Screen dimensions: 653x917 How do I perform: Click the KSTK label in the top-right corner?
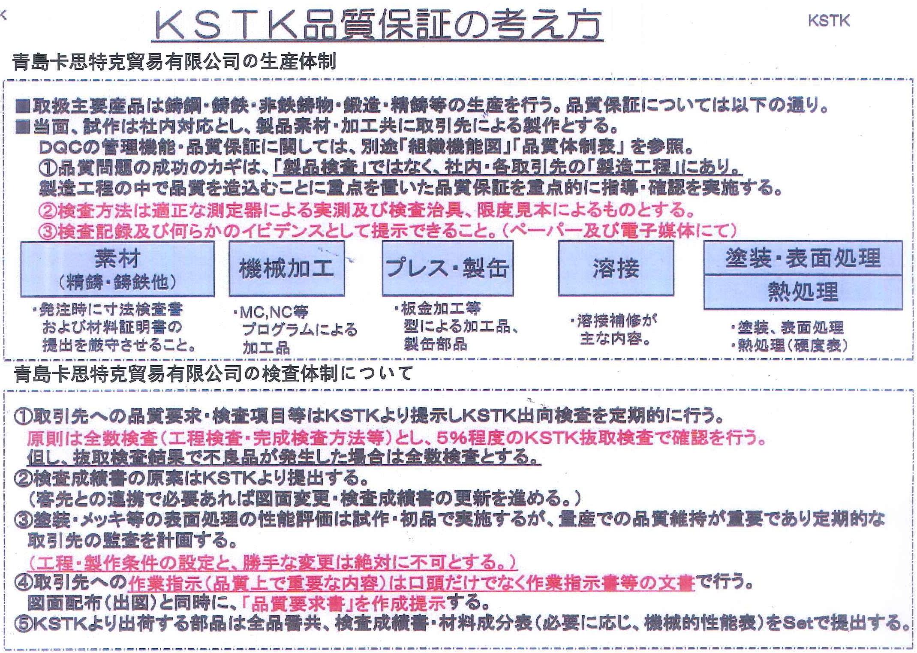point(828,21)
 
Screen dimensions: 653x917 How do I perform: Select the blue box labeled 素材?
point(117,269)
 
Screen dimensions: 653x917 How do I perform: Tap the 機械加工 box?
point(286,268)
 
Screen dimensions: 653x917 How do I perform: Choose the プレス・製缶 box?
point(448,268)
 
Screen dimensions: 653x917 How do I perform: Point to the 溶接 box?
point(616,268)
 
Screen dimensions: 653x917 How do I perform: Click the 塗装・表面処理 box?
point(803,258)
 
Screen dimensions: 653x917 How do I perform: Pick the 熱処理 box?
point(803,292)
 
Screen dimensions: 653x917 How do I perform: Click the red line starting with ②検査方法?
point(367,210)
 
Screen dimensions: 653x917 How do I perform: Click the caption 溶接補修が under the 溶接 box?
point(616,321)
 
